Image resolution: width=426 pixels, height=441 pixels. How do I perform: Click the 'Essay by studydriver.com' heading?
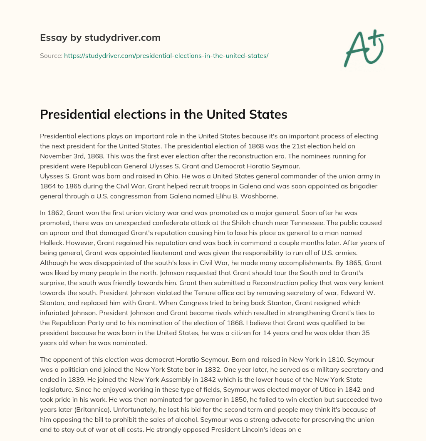[x=100, y=38]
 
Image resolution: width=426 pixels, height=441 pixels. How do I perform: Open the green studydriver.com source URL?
[x=166, y=55]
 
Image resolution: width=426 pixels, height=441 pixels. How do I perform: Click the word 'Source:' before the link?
[x=51, y=55]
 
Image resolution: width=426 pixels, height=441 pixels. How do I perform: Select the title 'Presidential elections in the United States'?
[x=163, y=114]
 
